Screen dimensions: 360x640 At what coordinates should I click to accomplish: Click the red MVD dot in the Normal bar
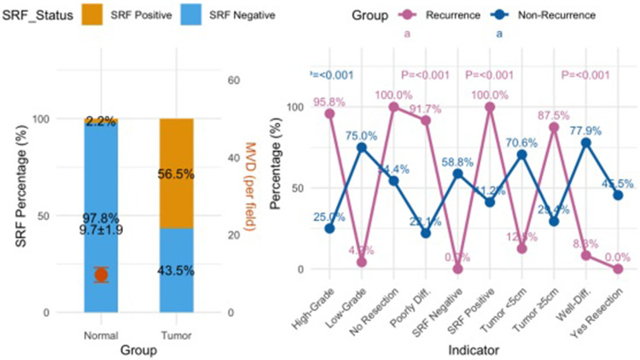[x=101, y=275]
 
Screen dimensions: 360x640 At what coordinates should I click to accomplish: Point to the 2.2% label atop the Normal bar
[x=101, y=121]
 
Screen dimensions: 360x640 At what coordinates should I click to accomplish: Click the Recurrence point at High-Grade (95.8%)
[x=329, y=113]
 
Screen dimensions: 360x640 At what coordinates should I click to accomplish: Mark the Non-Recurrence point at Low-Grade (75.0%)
[x=361, y=148]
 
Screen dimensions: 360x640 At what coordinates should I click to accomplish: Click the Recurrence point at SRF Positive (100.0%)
[x=490, y=107]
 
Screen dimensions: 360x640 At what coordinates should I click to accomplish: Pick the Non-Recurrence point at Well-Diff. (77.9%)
[x=585, y=142]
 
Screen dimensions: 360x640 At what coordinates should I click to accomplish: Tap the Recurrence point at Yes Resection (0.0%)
[x=618, y=269]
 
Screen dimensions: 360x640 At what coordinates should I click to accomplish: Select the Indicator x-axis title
[x=473, y=348]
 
